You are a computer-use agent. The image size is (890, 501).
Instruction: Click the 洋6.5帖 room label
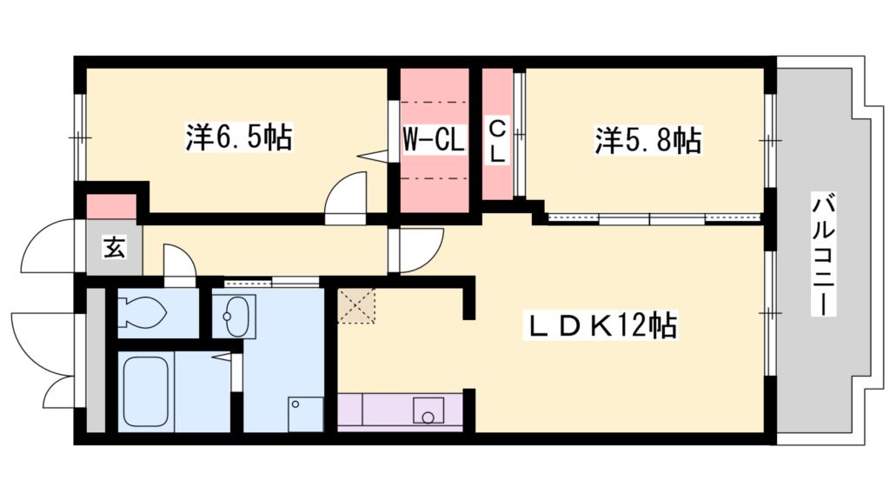[237, 138]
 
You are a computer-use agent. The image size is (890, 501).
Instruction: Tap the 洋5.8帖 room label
[648, 140]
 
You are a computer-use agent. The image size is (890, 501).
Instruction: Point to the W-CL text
[434, 139]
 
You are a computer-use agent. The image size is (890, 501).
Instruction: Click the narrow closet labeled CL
[497, 141]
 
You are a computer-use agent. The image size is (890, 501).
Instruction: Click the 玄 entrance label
[114, 247]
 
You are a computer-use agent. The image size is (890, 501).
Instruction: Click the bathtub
[147, 391]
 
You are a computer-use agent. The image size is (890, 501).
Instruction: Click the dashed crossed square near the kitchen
[356, 305]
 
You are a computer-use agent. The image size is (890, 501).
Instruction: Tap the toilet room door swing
[179, 264]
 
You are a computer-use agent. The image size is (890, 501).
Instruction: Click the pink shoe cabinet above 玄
[111, 207]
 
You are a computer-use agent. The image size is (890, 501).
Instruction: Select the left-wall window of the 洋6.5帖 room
[78, 137]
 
